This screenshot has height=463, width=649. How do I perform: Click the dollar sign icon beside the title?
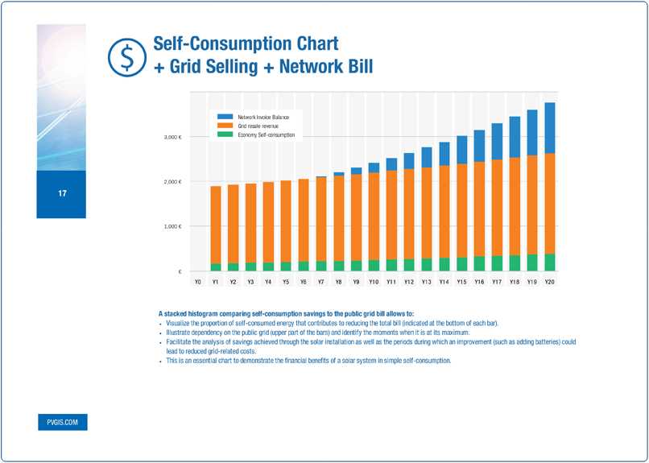[x=125, y=55]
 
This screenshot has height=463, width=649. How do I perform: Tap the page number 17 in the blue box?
[x=61, y=194]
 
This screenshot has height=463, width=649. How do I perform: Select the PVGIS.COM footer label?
[x=62, y=422]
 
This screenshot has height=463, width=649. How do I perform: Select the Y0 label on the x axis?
[x=198, y=283]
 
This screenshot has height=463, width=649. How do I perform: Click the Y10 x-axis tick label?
[x=374, y=283]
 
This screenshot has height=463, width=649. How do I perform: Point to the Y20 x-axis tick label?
[x=550, y=283]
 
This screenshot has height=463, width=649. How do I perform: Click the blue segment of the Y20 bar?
[x=550, y=127]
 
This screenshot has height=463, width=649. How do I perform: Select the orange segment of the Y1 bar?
[x=216, y=225]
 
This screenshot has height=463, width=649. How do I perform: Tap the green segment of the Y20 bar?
[x=550, y=263]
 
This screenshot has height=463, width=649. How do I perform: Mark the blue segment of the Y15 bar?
[x=461, y=150]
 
